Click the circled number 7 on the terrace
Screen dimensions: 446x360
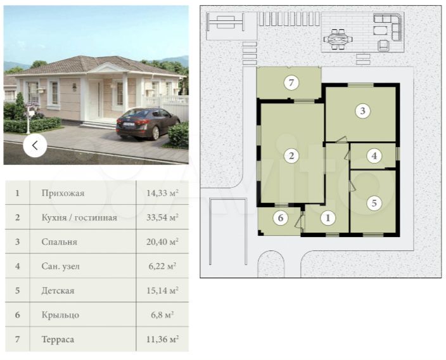[x=291, y=83]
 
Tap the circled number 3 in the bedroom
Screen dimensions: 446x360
[x=362, y=111]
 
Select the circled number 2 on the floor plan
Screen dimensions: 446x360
[x=291, y=156]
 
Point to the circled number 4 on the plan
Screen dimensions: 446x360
[x=374, y=156]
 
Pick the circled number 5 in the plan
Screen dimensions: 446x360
[x=374, y=203]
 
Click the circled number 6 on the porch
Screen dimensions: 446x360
[x=281, y=218]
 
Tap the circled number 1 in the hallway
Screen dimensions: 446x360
[x=328, y=218]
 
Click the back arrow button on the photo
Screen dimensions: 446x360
[x=35, y=145]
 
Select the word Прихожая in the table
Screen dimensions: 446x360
[x=63, y=193]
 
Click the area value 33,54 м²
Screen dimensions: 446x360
[x=162, y=217]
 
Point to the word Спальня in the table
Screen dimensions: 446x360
[x=59, y=242]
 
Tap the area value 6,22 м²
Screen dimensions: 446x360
[x=162, y=266]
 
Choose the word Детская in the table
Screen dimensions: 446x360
[x=58, y=290]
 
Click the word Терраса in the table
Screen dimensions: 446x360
[x=58, y=340]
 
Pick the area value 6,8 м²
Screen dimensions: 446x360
[x=162, y=315]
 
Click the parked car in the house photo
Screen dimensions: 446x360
[x=148, y=124]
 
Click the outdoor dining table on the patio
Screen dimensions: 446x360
[x=338, y=39]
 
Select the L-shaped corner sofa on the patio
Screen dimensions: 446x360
[x=388, y=27]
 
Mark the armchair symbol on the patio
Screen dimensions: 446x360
[x=384, y=46]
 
